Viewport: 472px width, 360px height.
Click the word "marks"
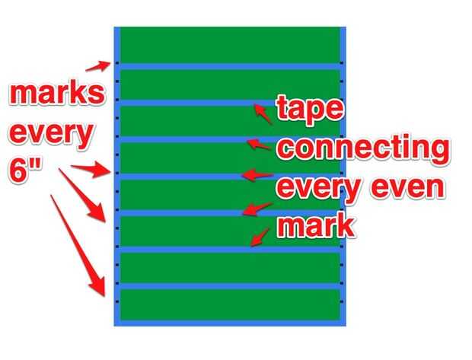pos(57,94)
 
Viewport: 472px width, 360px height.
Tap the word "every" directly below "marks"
pos(50,134)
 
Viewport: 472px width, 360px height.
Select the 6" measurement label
pos(25,171)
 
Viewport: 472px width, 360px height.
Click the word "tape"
pos(310,107)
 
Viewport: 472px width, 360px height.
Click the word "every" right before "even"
pos(318,189)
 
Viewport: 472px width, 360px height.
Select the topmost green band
pos(230,45)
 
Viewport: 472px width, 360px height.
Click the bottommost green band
pos(230,304)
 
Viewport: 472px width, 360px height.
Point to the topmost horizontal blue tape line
pos(230,66)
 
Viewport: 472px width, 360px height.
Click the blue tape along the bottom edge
pos(230,323)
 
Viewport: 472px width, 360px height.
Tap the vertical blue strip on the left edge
pos(117,177)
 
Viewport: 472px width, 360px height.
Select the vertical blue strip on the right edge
pos(343,177)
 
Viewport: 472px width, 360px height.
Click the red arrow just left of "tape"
pos(263,114)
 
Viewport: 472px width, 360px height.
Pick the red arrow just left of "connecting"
pos(259,144)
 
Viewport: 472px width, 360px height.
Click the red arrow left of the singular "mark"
pos(260,237)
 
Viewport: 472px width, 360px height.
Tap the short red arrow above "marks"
pos(98,66)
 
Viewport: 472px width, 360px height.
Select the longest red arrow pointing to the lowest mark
pos(78,246)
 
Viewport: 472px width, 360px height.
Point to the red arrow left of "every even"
pos(257,175)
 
